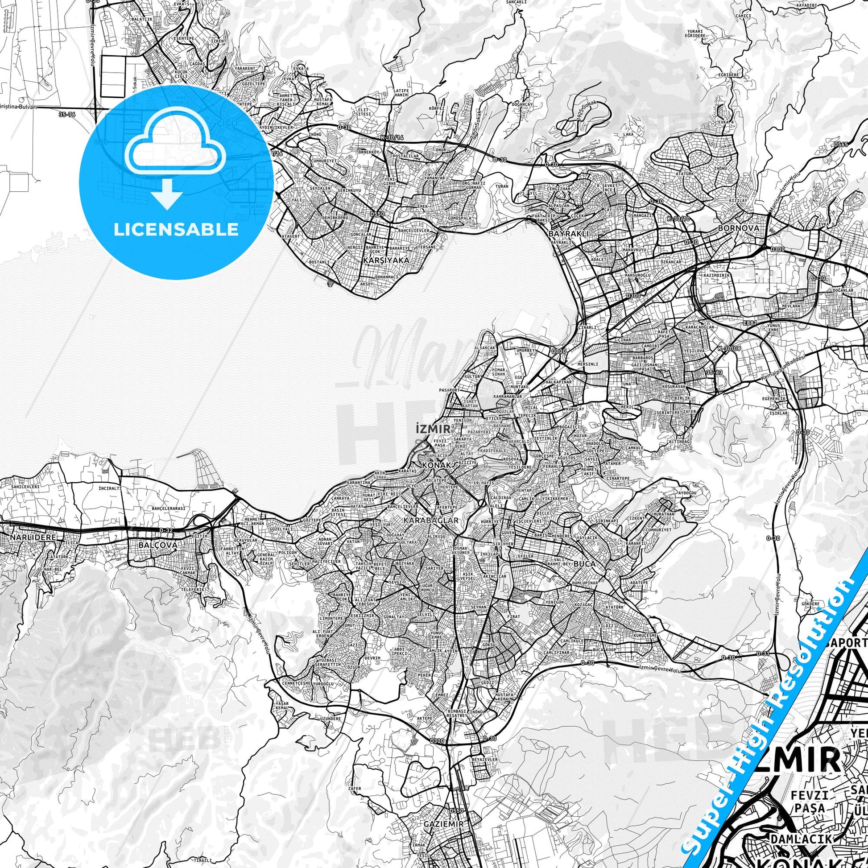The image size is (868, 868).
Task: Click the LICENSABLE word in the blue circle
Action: click(x=176, y=230)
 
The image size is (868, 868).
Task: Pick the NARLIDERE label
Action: click(x=27, y=537)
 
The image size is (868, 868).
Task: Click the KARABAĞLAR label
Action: click(x=431, y=520)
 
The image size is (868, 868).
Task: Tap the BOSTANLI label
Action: click(x=319, y=262)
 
